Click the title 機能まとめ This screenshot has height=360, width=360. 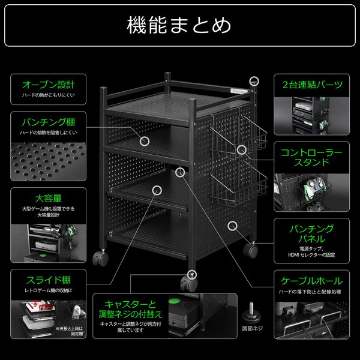point(179,25)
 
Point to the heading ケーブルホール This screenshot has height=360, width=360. point(312,280)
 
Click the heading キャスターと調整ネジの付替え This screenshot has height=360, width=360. point(130,308)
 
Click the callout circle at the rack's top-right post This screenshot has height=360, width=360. point(254,80)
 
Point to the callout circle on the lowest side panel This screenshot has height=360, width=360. point(233,226)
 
